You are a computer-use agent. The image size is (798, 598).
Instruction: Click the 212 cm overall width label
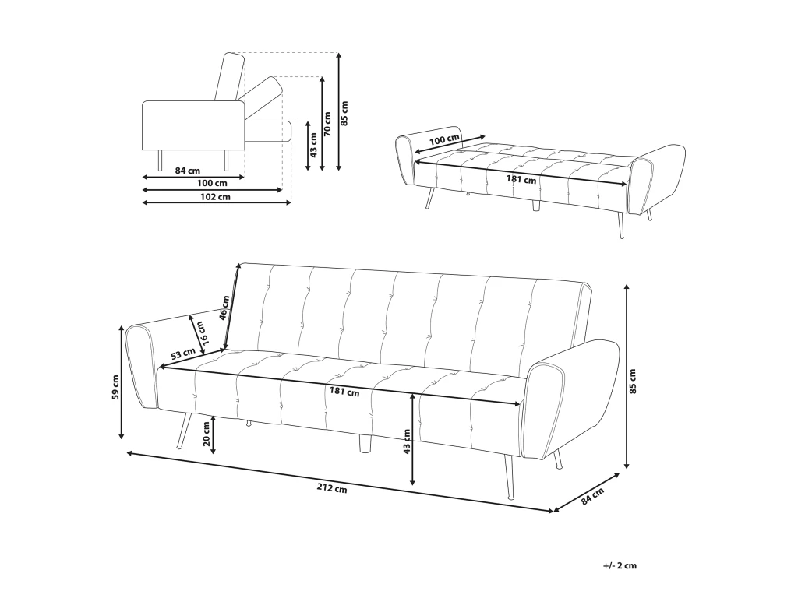click(332, 488)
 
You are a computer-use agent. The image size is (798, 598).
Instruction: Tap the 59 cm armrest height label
click(115, 388)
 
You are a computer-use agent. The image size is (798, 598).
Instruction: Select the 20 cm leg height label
click(206, 434)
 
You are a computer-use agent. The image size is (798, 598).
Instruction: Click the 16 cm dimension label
click(201, 333)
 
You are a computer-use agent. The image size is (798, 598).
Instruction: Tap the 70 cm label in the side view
click(328, 124)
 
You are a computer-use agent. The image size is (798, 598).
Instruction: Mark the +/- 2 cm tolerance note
click(620, 565)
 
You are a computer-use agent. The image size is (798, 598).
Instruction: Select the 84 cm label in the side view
click(187, 171)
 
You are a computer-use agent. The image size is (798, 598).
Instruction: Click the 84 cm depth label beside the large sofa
click(592, 496)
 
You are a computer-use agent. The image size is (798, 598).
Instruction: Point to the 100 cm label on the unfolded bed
click(444, 139)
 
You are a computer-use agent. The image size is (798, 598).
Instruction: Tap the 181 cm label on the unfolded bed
click(521, 180)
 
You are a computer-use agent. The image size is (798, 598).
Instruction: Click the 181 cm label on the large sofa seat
click(344, 392)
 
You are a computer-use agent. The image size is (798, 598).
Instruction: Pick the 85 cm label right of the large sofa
click(633, 382)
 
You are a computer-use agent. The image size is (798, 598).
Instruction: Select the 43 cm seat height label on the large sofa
click(405, 441)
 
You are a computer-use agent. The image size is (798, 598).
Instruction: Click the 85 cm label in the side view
click(345, 114)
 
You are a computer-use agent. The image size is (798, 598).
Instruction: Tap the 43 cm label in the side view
click(314, 145)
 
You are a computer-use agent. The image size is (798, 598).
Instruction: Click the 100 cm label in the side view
click(212, 183)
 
